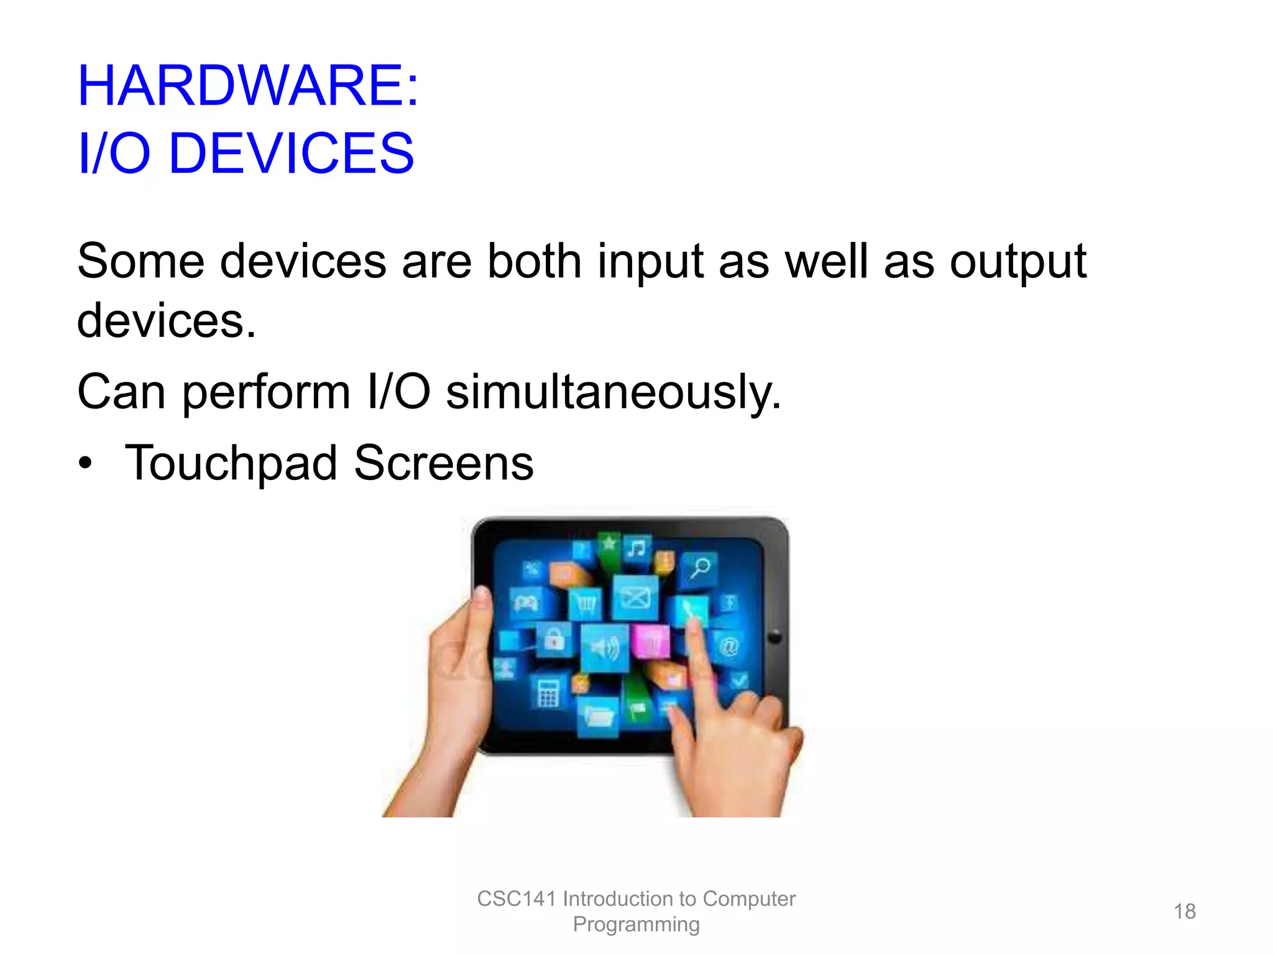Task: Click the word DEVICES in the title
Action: tap(291, 153)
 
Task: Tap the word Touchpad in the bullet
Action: tap(231, 463)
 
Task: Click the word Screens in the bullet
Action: tap(444, 463)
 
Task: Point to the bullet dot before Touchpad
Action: tap(85, 463)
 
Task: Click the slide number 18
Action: tap(1184, 911)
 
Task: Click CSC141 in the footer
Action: tap(515, 899)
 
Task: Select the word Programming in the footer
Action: tap(636, 925)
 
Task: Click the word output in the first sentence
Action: tap(1018, 261)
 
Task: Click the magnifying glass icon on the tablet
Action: tap(701, 567)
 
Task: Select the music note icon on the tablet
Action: tap(636, 548)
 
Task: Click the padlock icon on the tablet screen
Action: tap(554, 639)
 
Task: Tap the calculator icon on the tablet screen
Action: tap(548, 693)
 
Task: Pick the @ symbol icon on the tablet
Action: tap(728, 647)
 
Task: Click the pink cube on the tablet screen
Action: tap(650, 640)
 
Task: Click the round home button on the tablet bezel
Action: tap(774, 637)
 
